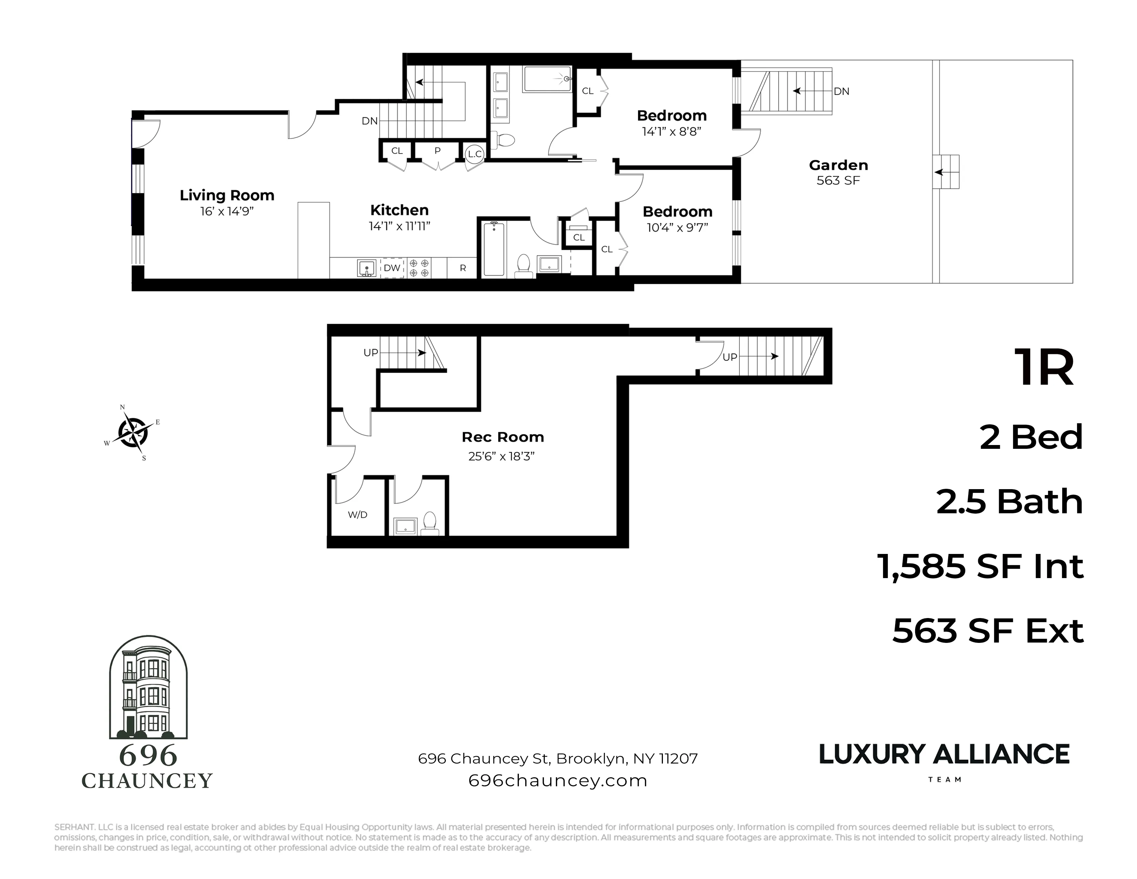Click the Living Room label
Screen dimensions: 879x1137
tap(227, 195)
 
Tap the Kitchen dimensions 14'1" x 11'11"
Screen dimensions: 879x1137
tap(399, 226)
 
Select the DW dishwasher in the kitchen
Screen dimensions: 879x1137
tap(392, 267)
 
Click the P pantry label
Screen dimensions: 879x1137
tap(437, 151)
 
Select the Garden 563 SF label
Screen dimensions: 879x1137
tap(838, 172)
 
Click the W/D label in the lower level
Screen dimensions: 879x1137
tap(358, 515)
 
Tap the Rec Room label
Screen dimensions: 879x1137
tap(502, 437)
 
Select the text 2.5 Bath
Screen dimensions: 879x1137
tap(1009, 502)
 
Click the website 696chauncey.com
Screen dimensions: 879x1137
tap(557, 780)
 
